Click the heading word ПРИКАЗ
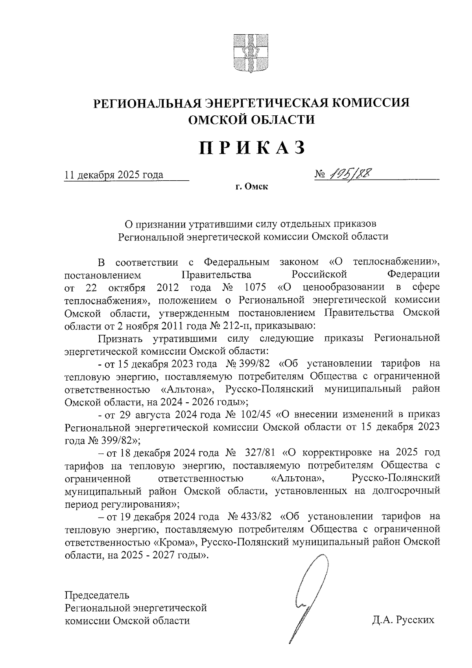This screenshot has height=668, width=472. coord(252,148)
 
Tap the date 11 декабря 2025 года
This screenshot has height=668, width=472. coord(114,175)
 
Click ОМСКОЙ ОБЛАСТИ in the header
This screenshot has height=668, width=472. coord(252,119)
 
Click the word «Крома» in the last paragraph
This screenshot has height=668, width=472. coord(175,542)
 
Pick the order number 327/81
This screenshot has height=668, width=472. coord(261,453)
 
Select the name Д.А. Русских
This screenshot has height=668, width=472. coord(403,621)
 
